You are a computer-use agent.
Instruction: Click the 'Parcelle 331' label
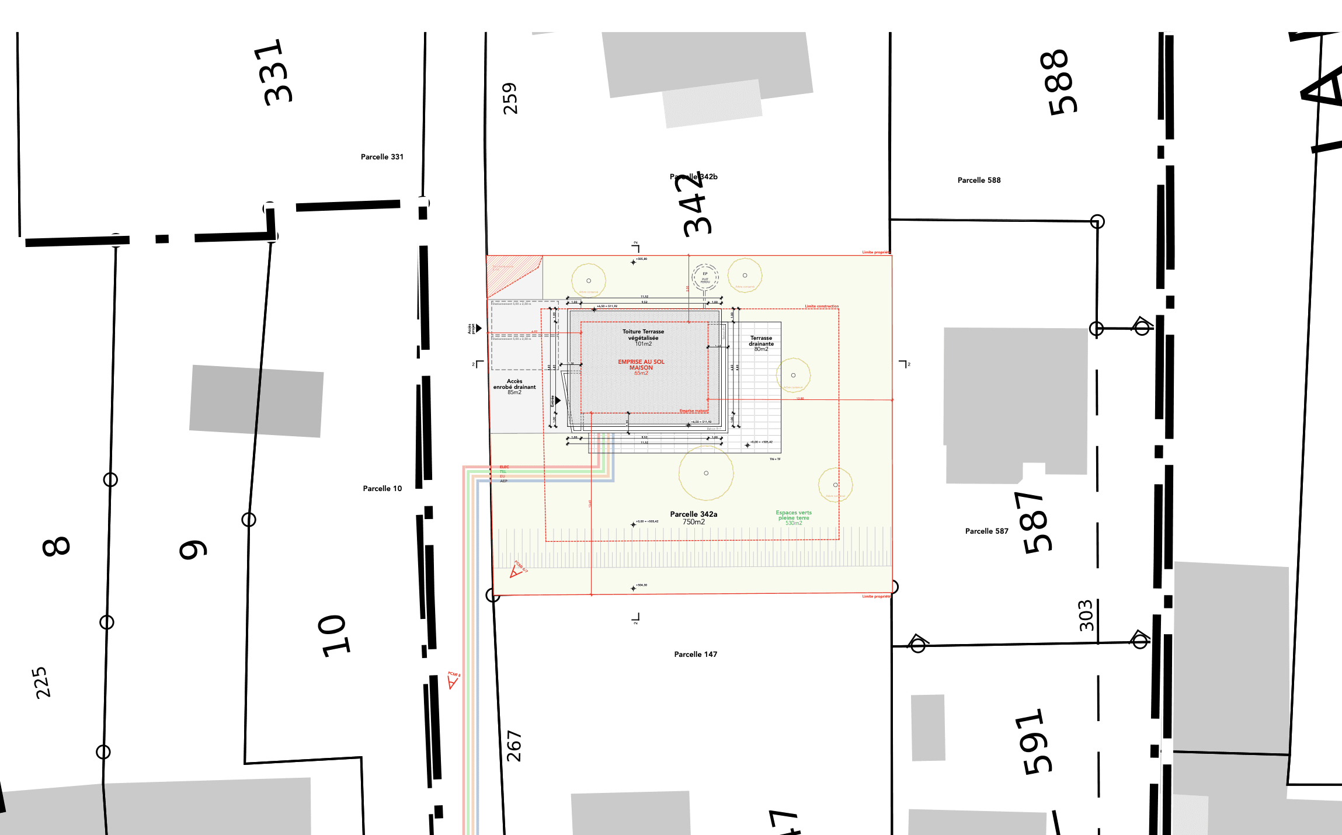point(382,157)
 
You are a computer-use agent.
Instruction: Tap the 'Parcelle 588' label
point(979,180)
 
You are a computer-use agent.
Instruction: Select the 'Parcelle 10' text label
point(382,489)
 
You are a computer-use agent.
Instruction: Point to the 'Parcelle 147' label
point(695,655)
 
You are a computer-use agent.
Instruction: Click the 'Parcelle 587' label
point(986,531)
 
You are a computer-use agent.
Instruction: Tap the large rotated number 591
point(1037,742)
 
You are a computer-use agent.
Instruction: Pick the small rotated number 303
point(1086,615)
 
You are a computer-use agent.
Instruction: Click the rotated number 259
point(510,98)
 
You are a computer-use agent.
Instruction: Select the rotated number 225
point(42,683)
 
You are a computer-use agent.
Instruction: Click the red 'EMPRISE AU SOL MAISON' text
point(641,365)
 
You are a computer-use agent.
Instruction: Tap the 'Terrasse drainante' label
point(761,341)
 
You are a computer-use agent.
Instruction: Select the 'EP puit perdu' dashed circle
point(705,277)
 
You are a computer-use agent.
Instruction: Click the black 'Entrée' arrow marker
point(558,401)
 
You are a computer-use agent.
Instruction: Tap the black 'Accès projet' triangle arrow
point(478,328)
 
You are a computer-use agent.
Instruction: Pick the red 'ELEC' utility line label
point(504,467)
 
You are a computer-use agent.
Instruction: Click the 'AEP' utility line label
point(503,481)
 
